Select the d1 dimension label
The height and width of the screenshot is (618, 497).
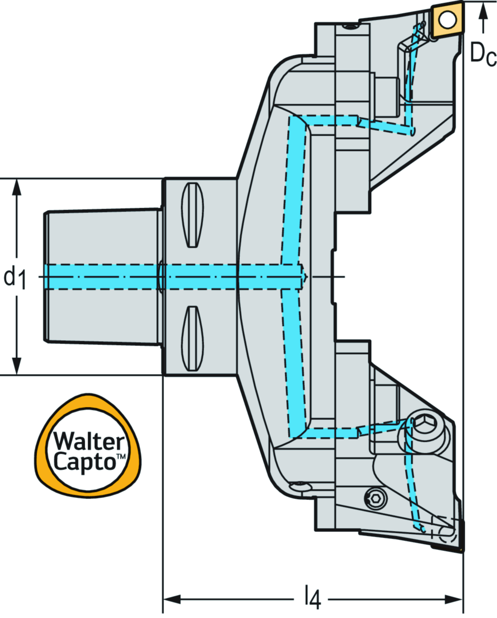[x=14, y=278]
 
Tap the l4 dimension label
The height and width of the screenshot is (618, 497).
[x=313, y=599]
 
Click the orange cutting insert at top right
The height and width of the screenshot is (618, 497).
[x=447, y=20]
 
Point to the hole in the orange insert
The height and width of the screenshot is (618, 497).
[x=447, y=19]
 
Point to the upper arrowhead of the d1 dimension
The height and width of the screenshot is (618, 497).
[x=17, y=186]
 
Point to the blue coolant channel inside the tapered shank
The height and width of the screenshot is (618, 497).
[x=102, y=277]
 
